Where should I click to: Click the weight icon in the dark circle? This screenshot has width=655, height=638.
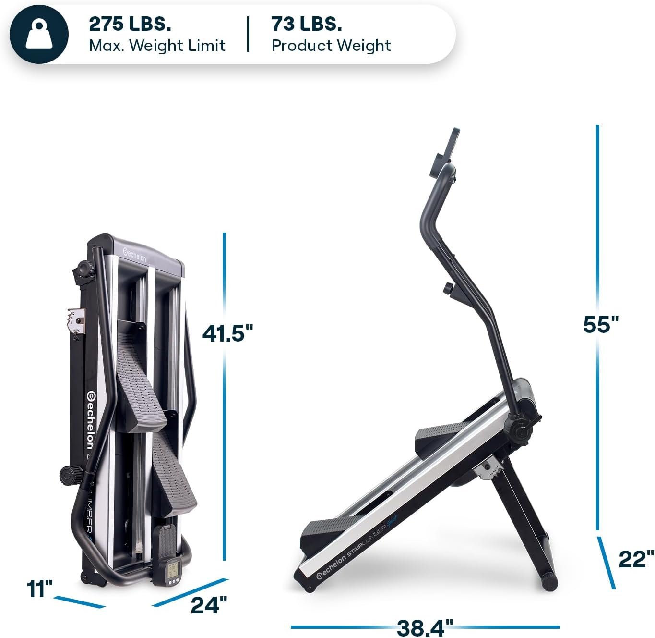tap(39, 34)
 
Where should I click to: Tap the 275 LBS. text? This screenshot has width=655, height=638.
tap(130, 24)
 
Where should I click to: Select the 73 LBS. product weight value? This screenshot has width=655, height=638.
tap(307, 24)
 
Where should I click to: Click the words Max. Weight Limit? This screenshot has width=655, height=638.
tap(157, 46)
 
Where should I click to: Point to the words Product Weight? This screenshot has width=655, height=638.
tap(331, 46)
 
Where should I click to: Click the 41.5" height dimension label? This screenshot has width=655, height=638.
tap(227, 333)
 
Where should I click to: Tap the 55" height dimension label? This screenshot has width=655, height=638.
tap(601, 324)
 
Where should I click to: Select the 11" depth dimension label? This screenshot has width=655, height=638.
tap(39, 589)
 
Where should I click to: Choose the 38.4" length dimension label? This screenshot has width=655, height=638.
tap(425, 626)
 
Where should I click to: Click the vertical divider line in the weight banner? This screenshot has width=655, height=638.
tap(248, 34)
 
